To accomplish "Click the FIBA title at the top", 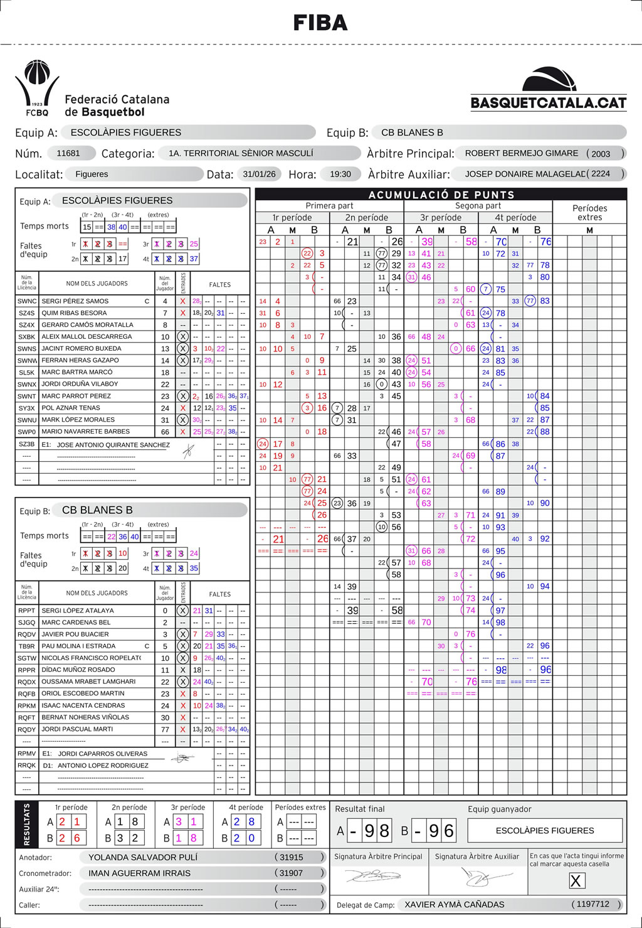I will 320,23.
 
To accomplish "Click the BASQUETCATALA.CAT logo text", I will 549,103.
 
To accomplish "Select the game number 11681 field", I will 68,153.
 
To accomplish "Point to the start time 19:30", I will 340,174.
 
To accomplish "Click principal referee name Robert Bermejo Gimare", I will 521,153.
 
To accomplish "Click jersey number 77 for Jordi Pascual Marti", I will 165,730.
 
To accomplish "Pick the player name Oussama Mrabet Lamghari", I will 88,681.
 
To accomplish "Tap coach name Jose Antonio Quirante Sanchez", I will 113,445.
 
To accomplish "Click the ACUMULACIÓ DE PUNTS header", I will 441,195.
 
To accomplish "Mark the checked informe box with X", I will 575,881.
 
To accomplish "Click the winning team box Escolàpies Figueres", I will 545,830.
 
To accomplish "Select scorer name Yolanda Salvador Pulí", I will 143,857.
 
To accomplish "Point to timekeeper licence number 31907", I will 291,873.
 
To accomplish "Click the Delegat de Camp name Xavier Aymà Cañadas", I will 455,904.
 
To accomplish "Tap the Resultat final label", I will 360,809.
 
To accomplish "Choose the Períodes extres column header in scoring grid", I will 589,212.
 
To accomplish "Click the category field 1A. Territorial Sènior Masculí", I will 241,153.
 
